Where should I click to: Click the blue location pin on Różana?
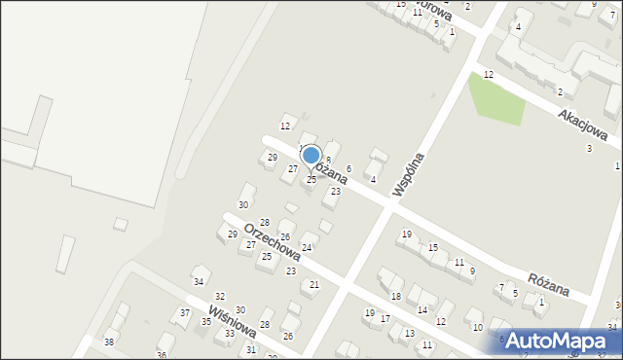pos(311,156)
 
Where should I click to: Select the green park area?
pos(495,98)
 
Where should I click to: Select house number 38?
pos(109,342)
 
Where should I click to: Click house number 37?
pos(185,312)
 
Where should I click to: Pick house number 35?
pos(206,322)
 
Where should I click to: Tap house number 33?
pos(230,334)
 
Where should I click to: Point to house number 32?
pos(220,296)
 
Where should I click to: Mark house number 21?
pos(313,284)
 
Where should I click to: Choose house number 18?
pos(395,296)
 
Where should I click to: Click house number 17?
pos(385,318)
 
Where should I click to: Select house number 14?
pos(422,309)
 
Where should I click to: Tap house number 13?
pos(408,333)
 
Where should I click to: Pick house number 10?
pos(477,327)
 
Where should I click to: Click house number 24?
pos(307,248)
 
